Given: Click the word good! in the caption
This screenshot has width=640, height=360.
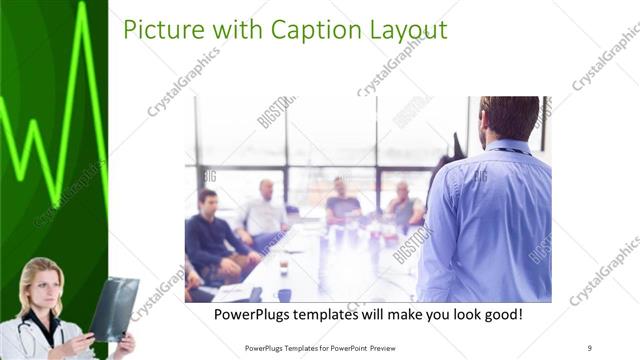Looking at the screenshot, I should click(x=500, y=315).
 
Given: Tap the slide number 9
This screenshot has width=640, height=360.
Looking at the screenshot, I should click(x=590, y=347).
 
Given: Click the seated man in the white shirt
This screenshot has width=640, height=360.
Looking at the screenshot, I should click(x=263, y=210).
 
